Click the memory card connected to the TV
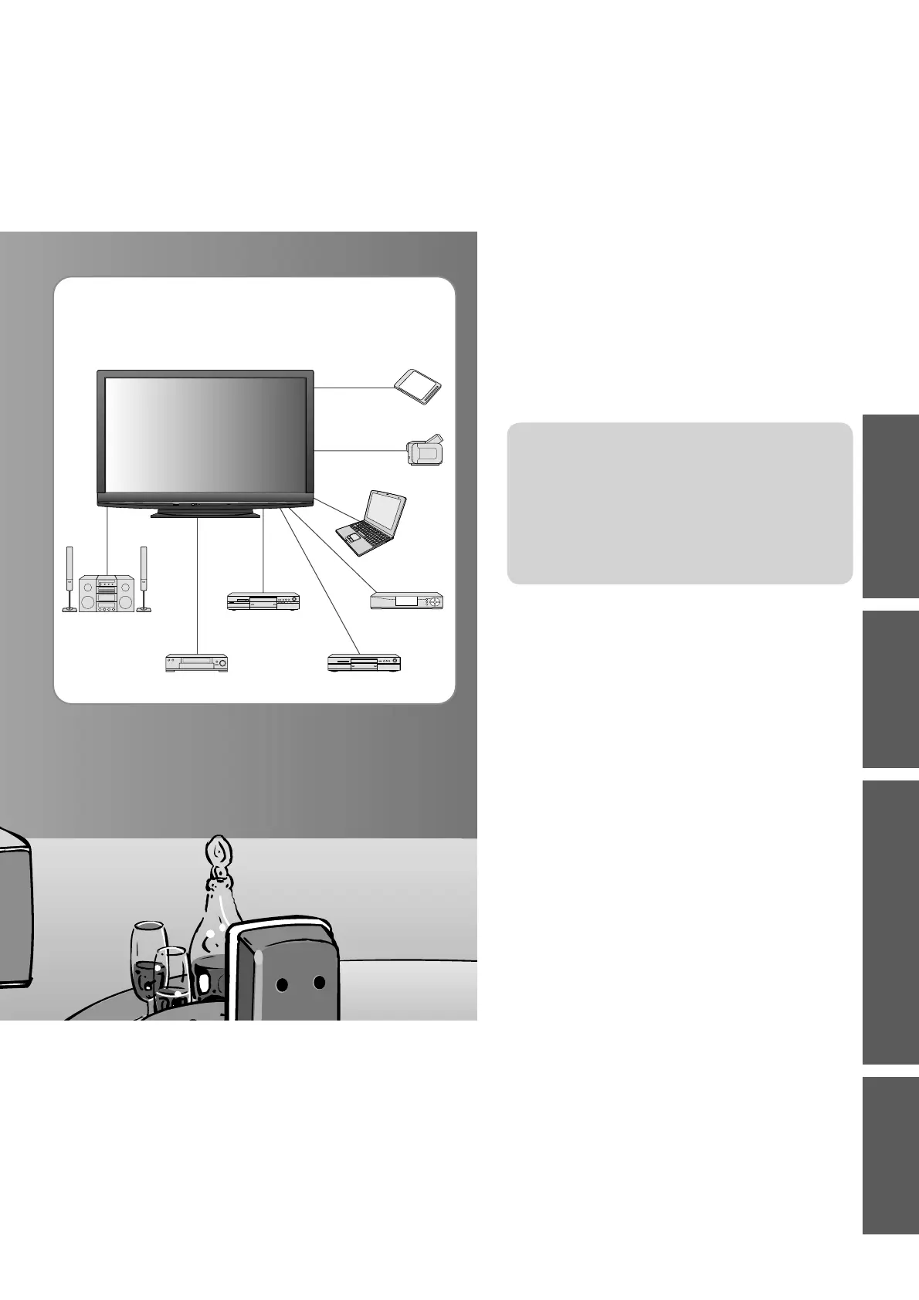click(418, 387)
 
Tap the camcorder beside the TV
click(425, 450)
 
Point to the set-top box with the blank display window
click(408, 601)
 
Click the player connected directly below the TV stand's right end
click(263, 602)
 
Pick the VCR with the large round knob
click(197, 663)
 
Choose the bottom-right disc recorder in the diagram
click(365, 662)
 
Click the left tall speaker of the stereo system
click(70, 579)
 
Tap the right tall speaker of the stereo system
click(143, 579)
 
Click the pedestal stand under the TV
click(205, 513)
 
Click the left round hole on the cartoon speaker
click(283, 984)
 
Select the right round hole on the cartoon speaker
click(319, 982)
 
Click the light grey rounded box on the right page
click(680, 503)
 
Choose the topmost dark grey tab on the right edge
click(890, 506)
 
